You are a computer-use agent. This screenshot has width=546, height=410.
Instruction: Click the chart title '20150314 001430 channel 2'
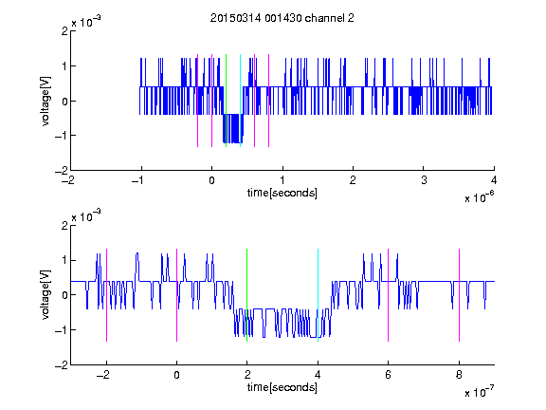pos(282,18)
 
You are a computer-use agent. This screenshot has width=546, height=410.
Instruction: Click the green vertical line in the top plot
pos(226,101)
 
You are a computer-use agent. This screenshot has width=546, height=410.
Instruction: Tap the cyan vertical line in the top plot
pos(240,101)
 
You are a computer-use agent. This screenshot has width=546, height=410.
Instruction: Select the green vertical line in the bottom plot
pos(246,295)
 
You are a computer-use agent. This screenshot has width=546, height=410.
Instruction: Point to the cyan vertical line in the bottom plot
pos(318,295)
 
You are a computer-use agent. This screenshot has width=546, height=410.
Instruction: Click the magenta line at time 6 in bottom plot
pos(389,295)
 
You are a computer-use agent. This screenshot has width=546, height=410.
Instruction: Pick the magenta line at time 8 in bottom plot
pos(460,295)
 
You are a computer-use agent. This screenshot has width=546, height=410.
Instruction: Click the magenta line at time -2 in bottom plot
pos(106,295)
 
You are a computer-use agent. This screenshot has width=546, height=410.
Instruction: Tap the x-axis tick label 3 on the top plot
pos(424,180)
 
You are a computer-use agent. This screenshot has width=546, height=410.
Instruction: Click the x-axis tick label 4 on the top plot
pos(494,180)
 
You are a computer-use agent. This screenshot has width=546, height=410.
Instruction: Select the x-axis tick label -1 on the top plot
pos(138,180)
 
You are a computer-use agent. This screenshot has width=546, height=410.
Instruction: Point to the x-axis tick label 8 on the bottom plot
pos(459,375)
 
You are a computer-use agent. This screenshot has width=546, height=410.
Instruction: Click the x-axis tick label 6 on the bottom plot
pos(389,375)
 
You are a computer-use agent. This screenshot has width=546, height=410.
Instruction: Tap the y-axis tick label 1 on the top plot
pos(64,65)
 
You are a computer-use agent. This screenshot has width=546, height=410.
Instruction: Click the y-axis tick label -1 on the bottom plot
pos(61,330)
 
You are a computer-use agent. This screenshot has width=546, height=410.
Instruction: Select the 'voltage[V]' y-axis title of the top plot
pos(45,101)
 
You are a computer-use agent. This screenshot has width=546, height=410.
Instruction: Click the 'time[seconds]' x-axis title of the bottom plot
pos(282,387)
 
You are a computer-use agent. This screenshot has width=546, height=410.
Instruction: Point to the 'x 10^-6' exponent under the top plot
pos(479,196)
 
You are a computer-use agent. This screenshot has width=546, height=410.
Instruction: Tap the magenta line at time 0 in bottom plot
pos(177,295)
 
